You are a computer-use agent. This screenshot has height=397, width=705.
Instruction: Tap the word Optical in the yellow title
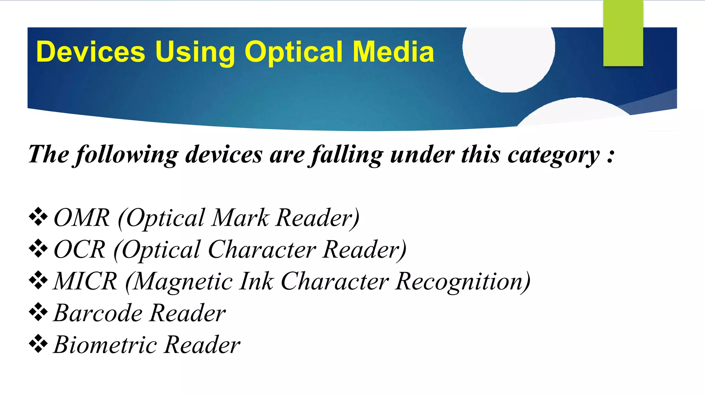(x=294, y=52)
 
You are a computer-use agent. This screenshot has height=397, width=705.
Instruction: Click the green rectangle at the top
(x=623, y=33)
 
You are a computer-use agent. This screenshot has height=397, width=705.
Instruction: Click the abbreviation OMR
(x=82, y=218)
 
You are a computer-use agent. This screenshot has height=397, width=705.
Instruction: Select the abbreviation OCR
(x=80, y=250)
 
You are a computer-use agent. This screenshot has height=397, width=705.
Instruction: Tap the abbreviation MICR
(x=85, y=281)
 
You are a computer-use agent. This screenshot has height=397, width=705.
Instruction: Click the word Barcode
(x=98, y=313)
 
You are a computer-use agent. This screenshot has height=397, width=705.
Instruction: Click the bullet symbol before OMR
(x=38, y=217)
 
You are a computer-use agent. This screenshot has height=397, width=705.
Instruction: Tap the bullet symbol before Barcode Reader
(x=38, y=312)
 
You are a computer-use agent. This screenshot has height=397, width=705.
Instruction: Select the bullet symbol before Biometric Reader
(x=38, y=344)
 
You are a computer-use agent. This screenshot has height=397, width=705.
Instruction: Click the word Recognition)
(x=463, y=282)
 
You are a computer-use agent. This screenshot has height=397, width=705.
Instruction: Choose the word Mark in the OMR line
(x=240, y=218)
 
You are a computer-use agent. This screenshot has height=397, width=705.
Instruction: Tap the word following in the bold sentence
(x=127, y=155)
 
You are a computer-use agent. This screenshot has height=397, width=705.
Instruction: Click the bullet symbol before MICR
(x=38, y=281)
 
